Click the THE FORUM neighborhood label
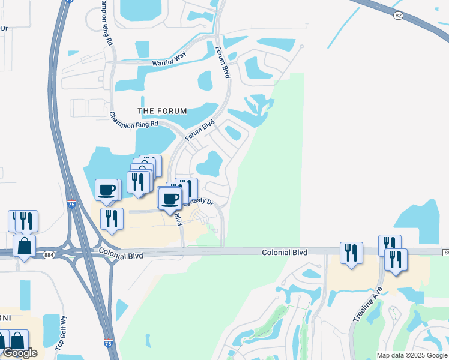(162, 111)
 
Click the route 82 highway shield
(398, 16)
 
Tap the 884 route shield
(48, 254)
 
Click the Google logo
(19, 353)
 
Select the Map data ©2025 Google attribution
(411, 355)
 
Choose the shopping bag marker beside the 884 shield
(24, 246)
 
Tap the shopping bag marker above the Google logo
(18, 341)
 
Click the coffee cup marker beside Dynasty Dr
(170, 199)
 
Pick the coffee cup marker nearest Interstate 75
(108, 190)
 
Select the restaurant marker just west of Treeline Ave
(351, 253)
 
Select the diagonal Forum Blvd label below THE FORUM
(199, 130)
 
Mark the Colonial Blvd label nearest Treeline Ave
(285, 253)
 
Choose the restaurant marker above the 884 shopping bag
(26, 221)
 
